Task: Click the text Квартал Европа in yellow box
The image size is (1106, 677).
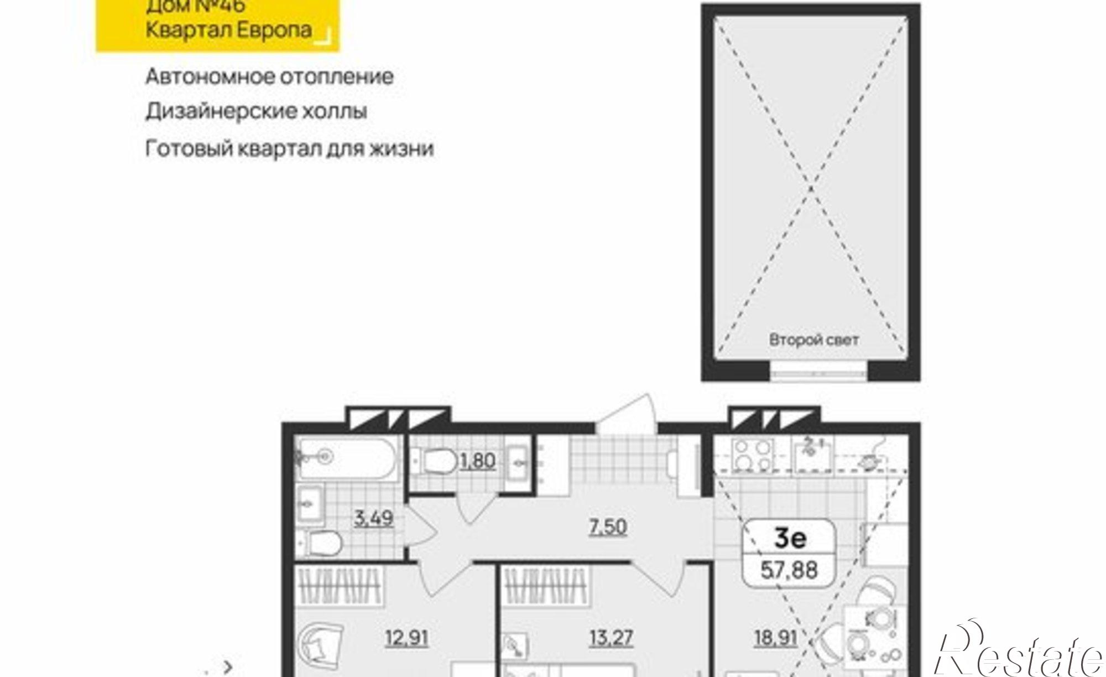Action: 228,29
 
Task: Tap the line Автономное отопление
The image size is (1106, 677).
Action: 269,76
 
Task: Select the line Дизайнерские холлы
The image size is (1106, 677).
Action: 256,111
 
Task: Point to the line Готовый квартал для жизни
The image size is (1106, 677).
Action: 289,148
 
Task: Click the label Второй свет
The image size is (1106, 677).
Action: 814,340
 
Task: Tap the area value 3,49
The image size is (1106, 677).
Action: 374,519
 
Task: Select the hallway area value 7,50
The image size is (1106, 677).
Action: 608,526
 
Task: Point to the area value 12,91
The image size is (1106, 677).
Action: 406,638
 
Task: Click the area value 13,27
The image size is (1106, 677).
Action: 611,638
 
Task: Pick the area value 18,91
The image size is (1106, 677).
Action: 775,638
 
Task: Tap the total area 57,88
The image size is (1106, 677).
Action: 789,570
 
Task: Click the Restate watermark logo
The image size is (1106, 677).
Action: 1018,653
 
